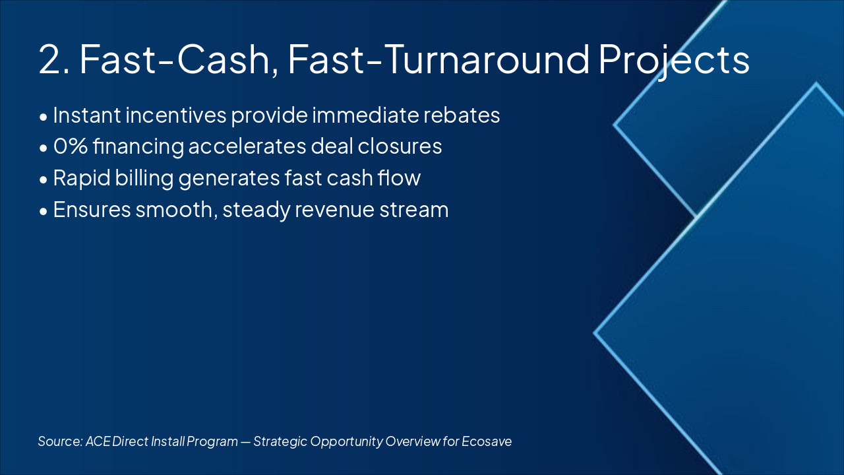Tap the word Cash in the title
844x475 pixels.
pos(224,59)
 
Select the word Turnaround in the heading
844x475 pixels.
pos(487,59)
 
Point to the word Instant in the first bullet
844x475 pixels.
pos(87,115)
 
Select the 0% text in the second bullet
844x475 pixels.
pos(71,146)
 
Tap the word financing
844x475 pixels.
pos(138,147)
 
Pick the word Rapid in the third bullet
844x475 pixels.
pos(82,179)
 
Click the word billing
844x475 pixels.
pos(144,179)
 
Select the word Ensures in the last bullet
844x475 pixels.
pos(92,210)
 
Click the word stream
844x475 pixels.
pos(413,210)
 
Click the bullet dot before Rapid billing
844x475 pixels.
pos(44,179)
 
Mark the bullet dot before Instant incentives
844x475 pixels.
pos(44,117)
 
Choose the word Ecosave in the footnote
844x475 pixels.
pos(487,441)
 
